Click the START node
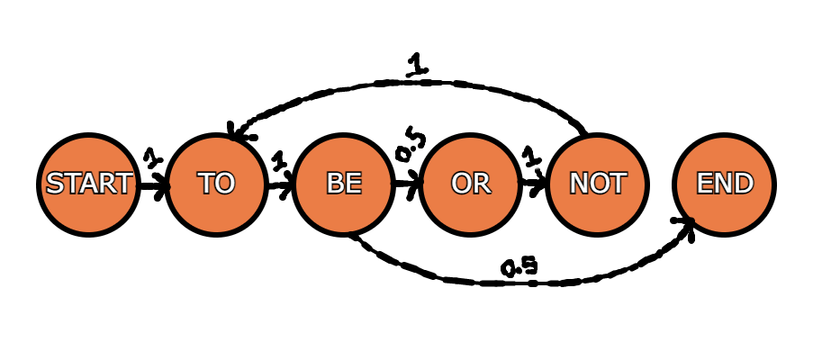88,184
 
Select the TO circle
216,184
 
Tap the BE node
343,184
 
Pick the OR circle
470,184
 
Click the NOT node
597,184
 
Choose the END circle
725,184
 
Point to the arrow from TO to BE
281,186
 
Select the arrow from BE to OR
409,184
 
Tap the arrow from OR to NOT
534,183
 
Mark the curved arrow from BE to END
519,283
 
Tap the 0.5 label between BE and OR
411,145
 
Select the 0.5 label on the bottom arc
519,266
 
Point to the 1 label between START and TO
152,157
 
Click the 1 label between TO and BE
279,160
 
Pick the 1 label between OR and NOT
530,157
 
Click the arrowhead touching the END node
685,227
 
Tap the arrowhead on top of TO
239,132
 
